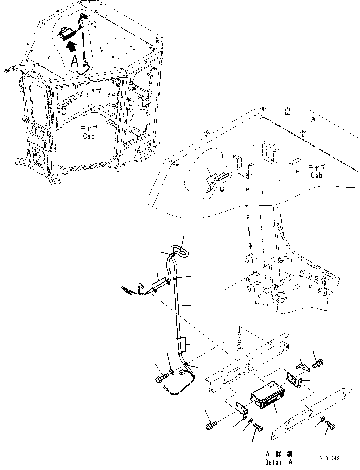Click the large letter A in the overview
(x=75, y=62)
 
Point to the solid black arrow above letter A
(x=72, y=47)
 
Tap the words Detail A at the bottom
(x=278, y=462)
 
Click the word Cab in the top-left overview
(x=89, y=136)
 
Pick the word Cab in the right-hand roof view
(x=316, y=176)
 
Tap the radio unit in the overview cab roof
(x=67, y=33)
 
